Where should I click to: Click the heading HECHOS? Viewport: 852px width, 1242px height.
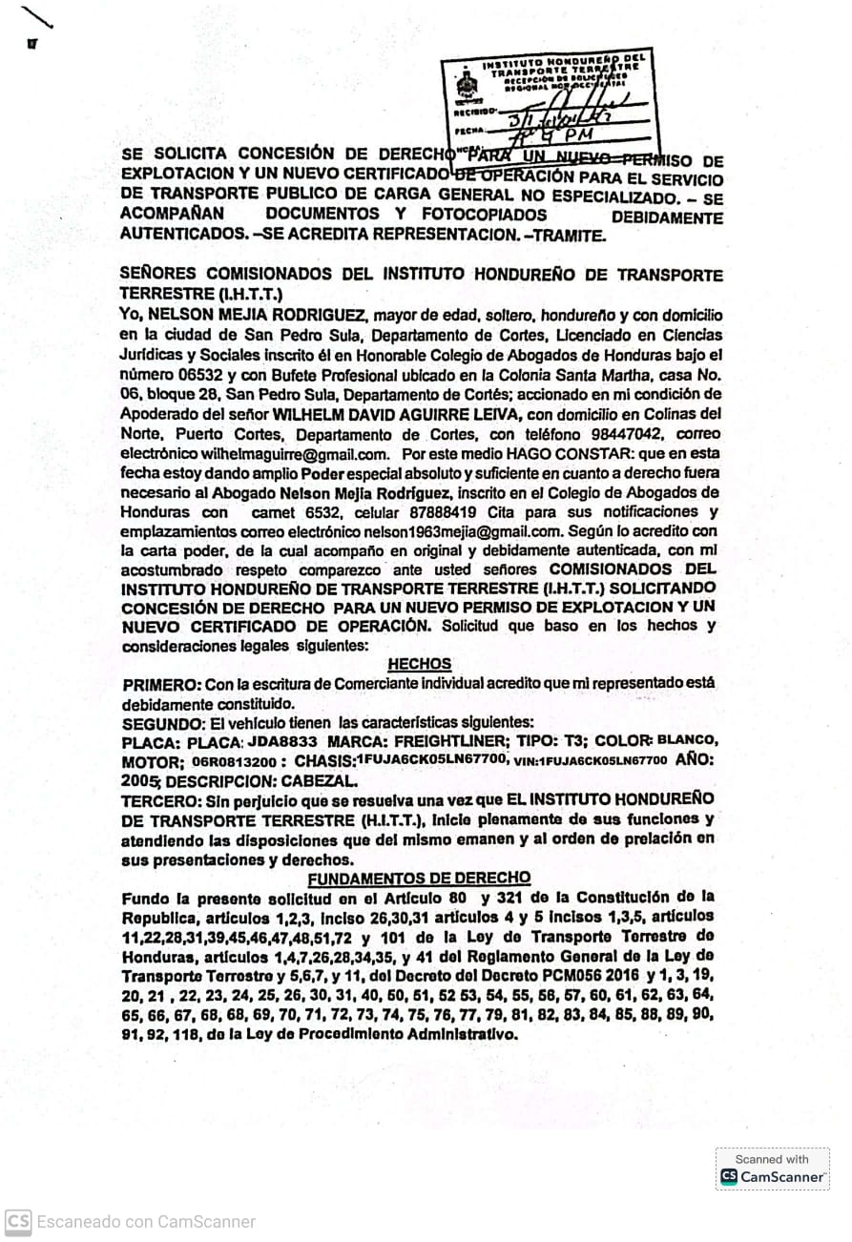tap(420, 664)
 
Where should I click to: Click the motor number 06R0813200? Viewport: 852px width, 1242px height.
tap(233, 762)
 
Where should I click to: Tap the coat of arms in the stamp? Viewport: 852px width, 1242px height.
tap(466, 85)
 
